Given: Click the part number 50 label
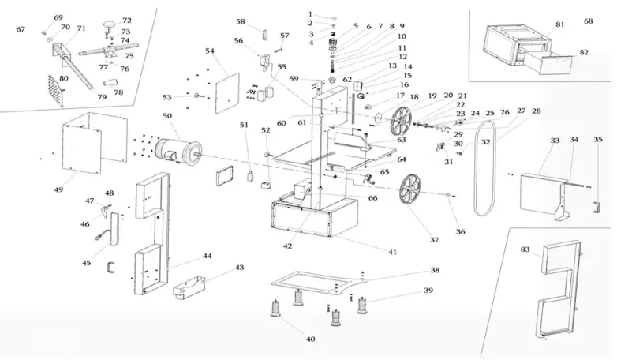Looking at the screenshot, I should pos(167,117).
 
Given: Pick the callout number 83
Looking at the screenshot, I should pos(525,249).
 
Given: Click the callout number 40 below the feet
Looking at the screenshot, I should pos(310,339).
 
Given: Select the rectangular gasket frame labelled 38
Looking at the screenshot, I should pos(316,282).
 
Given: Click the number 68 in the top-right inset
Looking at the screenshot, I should pos(589,21).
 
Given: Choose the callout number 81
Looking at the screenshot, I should pos(560,25).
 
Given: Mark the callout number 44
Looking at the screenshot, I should pos(207,257).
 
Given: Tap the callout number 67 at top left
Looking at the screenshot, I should pos(21,29).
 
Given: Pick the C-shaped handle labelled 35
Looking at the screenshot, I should pos(597,207).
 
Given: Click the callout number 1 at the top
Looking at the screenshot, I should pos(310,14).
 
